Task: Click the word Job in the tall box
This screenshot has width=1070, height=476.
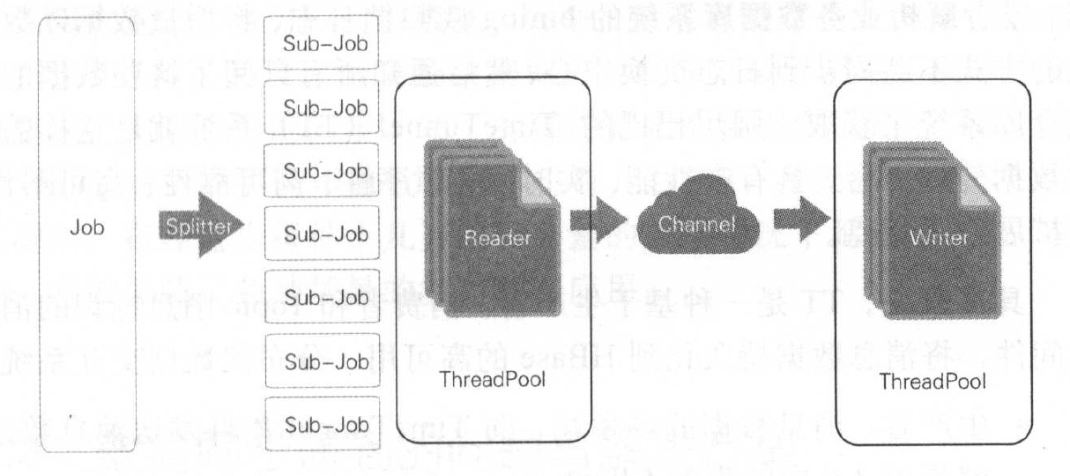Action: click(x=86, y=227)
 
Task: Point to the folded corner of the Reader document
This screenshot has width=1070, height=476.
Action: click(x=540, y=186)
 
